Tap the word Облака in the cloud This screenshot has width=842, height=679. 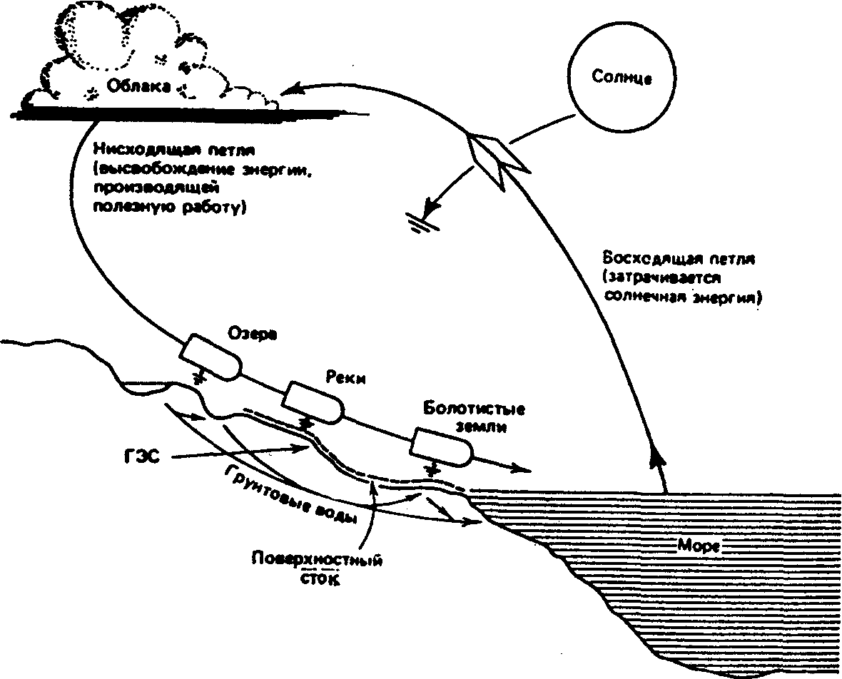138,86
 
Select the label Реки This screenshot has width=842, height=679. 345,378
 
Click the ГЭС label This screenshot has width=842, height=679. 139,458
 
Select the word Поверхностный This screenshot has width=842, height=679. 317,560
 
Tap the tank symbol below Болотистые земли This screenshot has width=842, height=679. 442,446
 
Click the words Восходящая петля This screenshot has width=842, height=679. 679,259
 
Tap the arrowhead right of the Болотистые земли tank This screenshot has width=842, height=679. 521,469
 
